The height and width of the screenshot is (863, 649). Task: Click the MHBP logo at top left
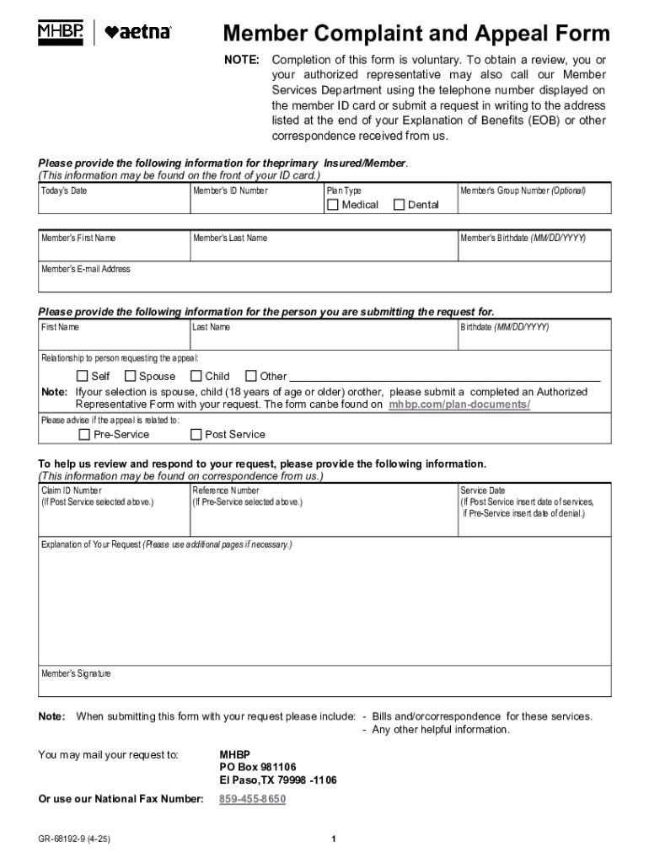click(x=61, y=33)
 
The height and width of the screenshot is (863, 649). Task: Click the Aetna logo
click(x=138, y=33)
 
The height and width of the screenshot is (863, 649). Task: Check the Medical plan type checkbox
click(x=333, y=205)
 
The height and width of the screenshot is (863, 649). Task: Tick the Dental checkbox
click(x=400, y=205)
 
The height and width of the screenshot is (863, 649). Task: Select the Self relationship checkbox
click(x=82, y=376)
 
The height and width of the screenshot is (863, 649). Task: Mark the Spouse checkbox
click(x=131, y=376)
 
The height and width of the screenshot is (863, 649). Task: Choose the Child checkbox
click(x=196, y=376)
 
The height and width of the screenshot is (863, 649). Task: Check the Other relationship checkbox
click(x=250, y=376)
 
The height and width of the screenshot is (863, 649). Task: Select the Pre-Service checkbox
click(x=83, y=435)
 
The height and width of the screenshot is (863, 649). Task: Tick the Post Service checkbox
click(x=196, y=435)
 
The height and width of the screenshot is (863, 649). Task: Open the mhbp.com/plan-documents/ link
click(x=459, y=405)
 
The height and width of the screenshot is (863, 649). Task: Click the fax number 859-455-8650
click(x=252, y=799)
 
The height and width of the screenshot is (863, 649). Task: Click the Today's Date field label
click(x=64, y=190)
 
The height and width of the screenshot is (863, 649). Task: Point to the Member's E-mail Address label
click(x=86, y=270)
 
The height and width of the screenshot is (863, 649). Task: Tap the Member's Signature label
click(x=76, y=674)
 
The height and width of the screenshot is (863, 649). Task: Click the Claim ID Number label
click(x=72, y=490)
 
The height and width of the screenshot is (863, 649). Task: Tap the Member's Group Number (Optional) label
click(x=523, y=190)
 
